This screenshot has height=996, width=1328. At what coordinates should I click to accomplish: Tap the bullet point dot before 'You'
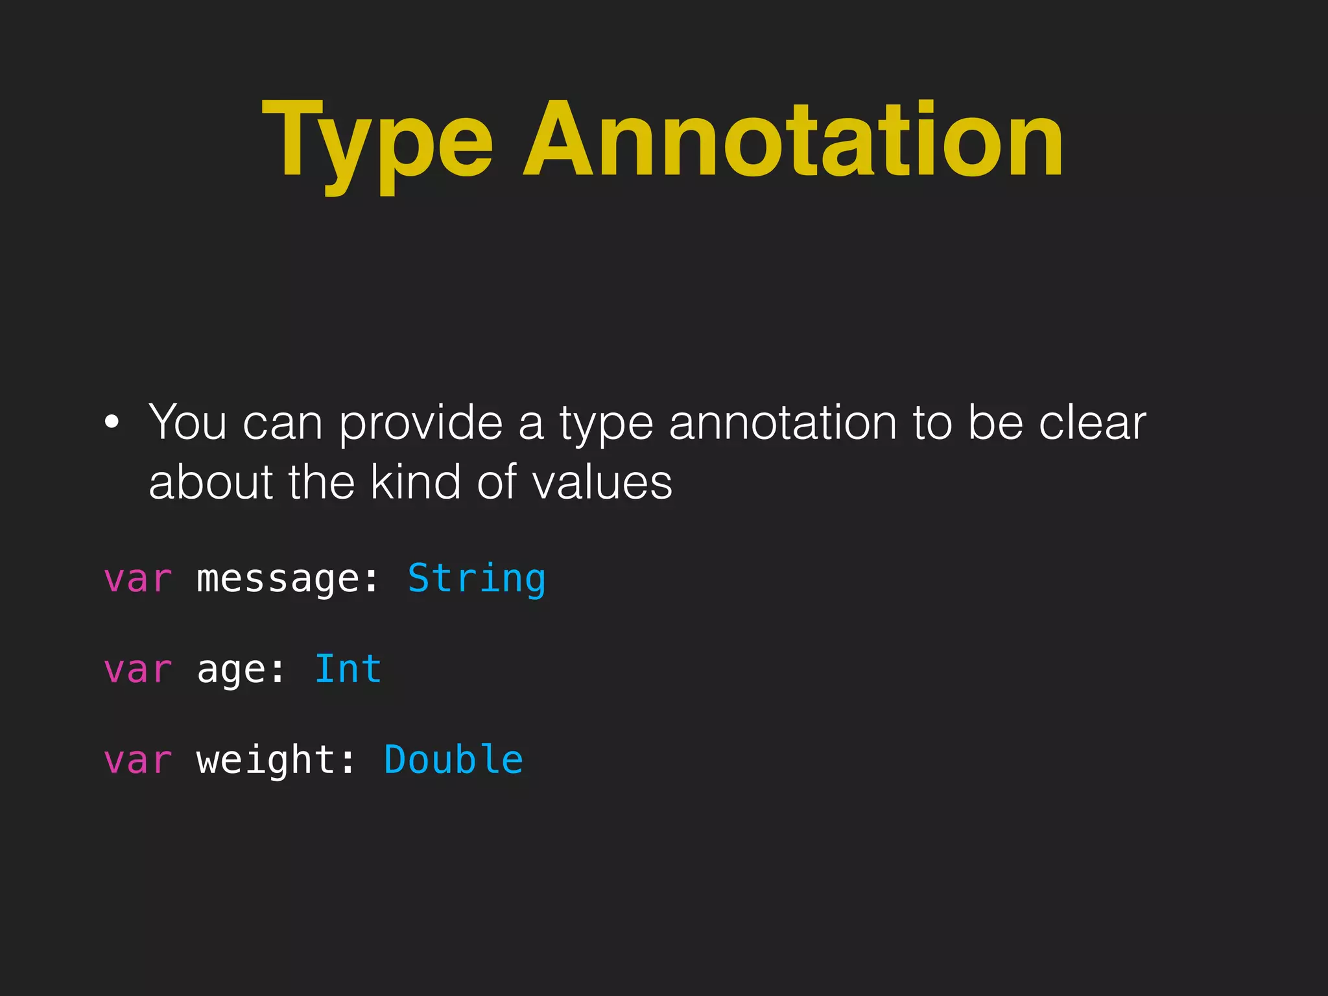click(112, 422)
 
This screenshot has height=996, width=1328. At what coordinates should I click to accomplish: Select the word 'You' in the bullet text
click(187, 422)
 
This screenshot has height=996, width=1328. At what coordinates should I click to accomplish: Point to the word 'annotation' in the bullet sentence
click(783, 422)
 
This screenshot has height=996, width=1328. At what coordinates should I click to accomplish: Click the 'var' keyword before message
click(137, 578)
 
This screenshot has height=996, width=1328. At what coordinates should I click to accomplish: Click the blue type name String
click(477, 578)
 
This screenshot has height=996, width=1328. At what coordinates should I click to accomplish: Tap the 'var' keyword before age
click(137, 669)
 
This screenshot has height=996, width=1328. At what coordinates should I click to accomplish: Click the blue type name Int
click(348, 669)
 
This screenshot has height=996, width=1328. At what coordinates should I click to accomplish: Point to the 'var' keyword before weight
click(137, 760)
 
